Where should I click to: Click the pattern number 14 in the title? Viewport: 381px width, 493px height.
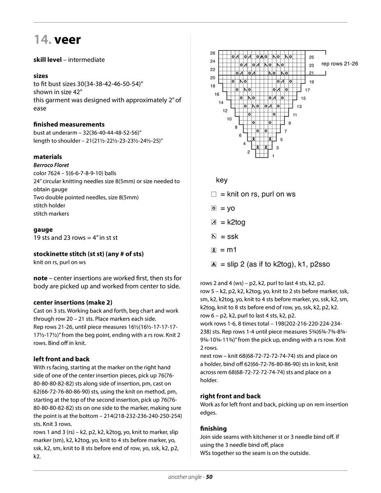[42, 40]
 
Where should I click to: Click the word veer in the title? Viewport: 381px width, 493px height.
[68, 40]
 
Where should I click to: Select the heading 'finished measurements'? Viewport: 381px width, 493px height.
[69, 124]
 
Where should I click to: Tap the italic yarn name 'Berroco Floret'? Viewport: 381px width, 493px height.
[51, 165]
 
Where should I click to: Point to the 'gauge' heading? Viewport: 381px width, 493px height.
[43, 230]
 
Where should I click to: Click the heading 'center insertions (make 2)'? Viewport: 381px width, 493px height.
[73, 302]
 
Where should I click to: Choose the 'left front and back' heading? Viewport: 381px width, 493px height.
[61, 359]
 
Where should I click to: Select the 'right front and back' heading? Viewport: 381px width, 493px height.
[230, 396]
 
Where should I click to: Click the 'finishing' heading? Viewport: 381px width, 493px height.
[213, 428]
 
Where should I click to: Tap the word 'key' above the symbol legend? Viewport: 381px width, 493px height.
[222, 180]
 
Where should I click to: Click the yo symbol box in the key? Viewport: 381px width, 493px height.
[214, 209]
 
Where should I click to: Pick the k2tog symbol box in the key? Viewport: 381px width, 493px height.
[214, 223]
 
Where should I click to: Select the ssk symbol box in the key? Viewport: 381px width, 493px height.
[214, 237]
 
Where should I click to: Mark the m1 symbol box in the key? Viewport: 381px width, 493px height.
[214, 250]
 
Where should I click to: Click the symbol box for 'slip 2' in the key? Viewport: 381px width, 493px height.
[214, 265]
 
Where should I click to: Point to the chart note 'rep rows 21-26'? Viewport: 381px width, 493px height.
[339, 64]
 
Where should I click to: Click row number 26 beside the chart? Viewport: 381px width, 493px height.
[212, 53]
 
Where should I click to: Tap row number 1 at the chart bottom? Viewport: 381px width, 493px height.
[273, 156]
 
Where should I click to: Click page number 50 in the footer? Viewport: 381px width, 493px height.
[209, 477]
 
